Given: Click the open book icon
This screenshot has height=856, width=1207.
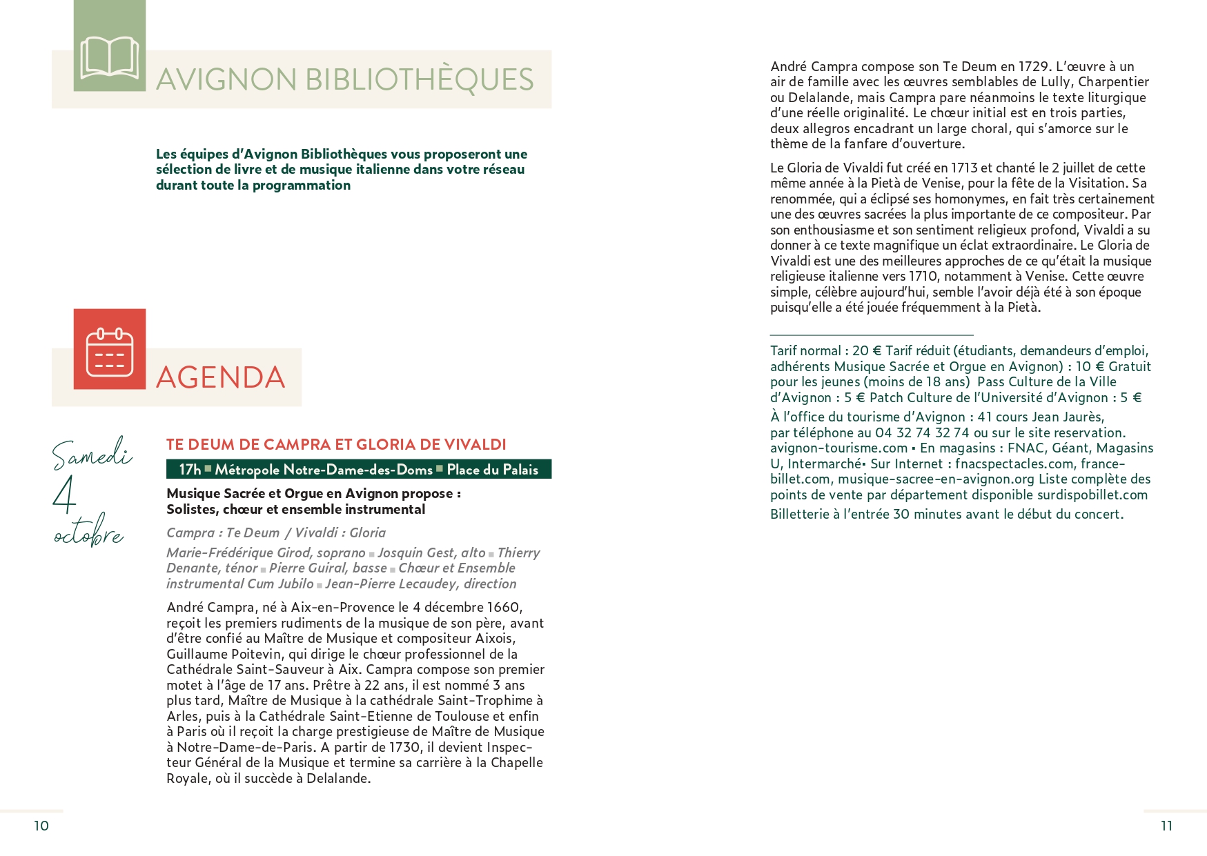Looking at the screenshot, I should [110, 57].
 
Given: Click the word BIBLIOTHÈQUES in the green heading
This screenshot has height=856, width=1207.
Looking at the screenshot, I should [419, 80].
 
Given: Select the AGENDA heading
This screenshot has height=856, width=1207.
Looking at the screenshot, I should [221, 378].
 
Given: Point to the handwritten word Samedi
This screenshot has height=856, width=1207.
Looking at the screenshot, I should [92, 453].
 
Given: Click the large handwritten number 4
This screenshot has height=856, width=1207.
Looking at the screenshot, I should [64, 495].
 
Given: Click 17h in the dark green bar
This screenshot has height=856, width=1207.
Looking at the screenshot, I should [190, 470].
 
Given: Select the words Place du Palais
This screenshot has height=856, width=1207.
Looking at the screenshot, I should [492, 470].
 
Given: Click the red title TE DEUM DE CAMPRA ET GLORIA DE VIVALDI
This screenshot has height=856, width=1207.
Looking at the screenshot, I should [336, 445].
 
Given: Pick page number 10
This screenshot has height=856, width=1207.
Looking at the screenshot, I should [41, 826].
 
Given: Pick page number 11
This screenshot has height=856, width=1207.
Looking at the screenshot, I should [1166, 826].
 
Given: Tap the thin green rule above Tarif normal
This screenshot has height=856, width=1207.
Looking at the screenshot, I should [872, 335].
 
